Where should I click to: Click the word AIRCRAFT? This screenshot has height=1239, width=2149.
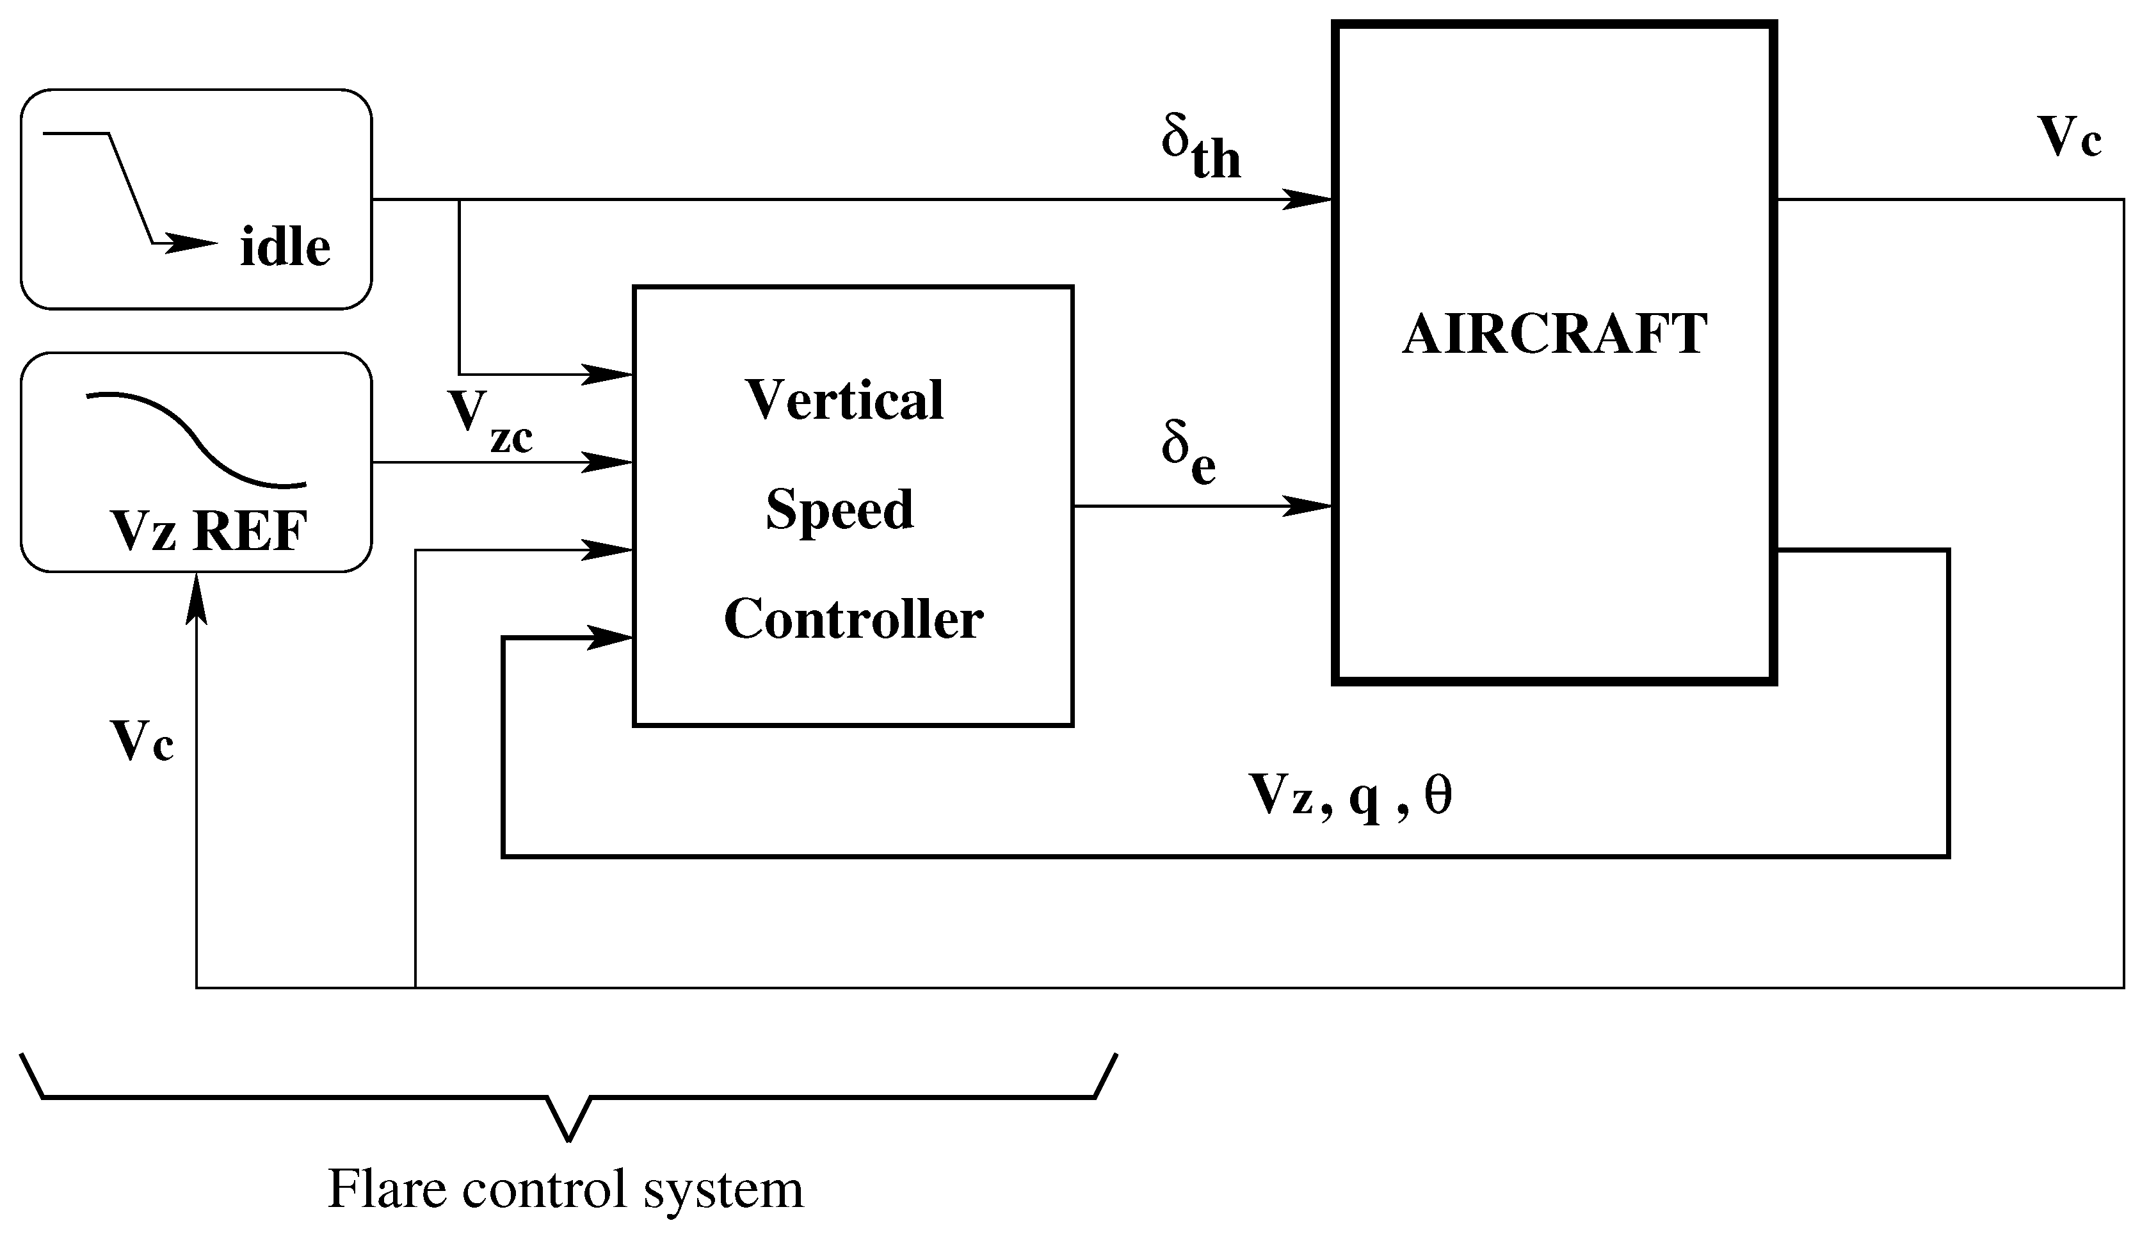coord(1554,334)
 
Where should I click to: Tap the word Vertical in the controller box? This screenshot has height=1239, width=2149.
coord(845,400)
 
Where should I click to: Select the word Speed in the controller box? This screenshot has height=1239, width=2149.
coord(840,510)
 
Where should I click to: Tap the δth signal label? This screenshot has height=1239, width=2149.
coord(1200,149)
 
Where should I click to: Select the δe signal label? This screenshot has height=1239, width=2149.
coord(1187,455)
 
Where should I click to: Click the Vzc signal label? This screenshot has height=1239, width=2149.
coord(490,422)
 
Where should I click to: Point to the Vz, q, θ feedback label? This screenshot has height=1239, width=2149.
coord(1350,797)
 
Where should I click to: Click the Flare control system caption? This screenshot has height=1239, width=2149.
coord(565,1190)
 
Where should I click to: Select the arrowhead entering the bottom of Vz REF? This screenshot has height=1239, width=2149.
coord(197,595)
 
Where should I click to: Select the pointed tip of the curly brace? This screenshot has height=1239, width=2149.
coord(568,1138)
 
